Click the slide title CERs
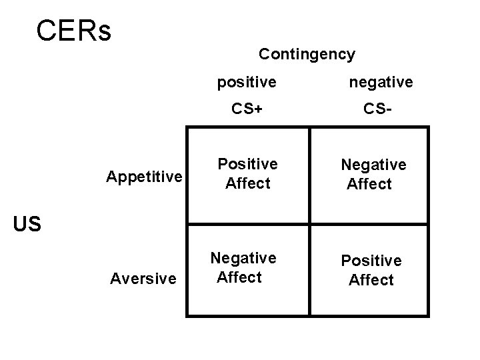coord(74,31)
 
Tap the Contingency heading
coord(307,54)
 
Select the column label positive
coord(247,82)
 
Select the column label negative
coord(381,82)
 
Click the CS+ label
coord(247,109)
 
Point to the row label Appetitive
coord(144,177)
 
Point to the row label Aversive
coord(143,278)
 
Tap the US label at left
coord(27,225)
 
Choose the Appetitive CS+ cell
coord(248,175)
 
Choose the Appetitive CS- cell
coord(370,175)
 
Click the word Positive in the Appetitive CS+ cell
coord(248,165)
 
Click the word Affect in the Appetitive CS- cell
coord(369,183)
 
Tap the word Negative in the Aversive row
coord(243,258)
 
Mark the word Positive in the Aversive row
coord(371,261)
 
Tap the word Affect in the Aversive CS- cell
coord(371,280)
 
